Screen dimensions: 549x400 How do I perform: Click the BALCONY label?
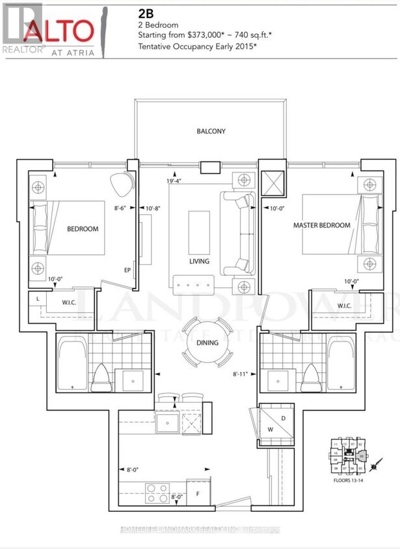pyautogui.click(x=211, y=131)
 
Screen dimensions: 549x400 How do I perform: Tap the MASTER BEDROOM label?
pyautogui.click(x=322, y=226)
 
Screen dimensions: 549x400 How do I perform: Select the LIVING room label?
pyautogui.click(x=199, y=261)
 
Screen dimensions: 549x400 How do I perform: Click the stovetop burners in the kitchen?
pyautogui.click(x=157, y=492)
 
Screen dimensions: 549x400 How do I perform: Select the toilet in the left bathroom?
pyautogui.click(x=102, y=378)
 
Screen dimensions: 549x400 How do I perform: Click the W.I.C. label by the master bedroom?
pyautogui.click(x=345, y=305)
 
